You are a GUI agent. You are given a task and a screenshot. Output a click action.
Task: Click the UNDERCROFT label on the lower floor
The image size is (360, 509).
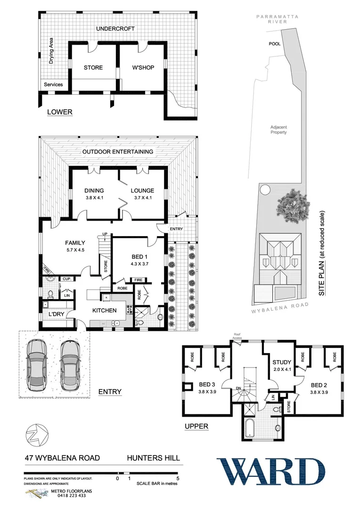pos(115,29)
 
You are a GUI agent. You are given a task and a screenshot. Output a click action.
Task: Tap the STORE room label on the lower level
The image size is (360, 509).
pos(93,67)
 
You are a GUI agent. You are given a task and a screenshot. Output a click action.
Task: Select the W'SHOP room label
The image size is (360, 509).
pos(143,67)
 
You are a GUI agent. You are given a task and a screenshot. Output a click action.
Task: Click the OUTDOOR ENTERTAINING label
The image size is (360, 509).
pos(118,152)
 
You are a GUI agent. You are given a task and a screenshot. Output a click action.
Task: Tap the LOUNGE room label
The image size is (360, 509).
pos(142,191)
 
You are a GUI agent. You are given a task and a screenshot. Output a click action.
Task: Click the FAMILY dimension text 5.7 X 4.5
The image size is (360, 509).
pos(75,250)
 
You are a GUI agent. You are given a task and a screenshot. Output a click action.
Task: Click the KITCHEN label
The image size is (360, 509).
pos(104,311)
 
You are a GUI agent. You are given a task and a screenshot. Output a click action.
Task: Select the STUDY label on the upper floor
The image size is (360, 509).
pos(282,362)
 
